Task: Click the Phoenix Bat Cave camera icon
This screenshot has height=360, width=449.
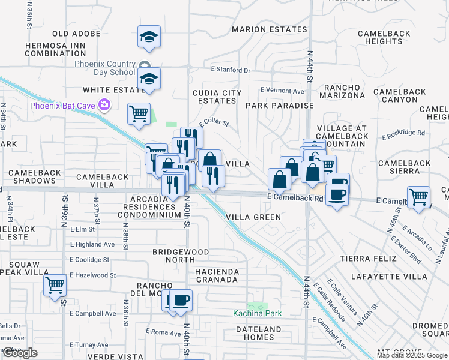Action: (105, 106)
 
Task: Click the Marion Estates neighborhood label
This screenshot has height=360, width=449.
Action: (270, 29)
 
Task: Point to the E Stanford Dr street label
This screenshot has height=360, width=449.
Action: (231, 70)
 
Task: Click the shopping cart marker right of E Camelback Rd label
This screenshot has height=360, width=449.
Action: (418, 196)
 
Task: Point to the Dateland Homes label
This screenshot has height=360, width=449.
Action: (259, 333)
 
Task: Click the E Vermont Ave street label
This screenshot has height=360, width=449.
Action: (282, 91)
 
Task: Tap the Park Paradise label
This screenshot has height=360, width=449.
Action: (279, 105)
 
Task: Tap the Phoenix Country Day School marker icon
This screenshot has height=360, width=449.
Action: (144, 65)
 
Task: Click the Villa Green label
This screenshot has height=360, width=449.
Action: (253, 217)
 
